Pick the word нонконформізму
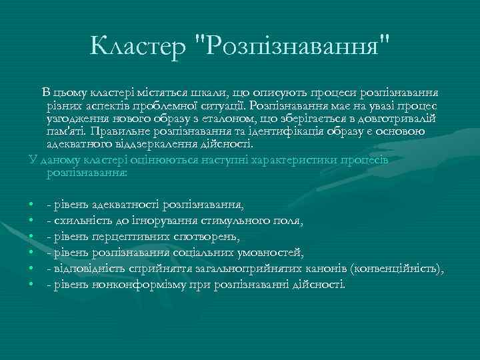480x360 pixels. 132,285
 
